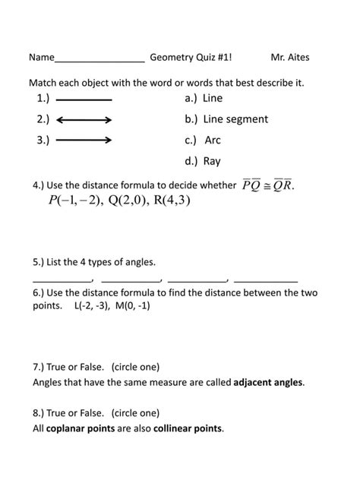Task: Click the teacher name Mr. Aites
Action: tap(290, 58)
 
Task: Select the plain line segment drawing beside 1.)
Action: tap(84, 99)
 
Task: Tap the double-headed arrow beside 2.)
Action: tap(84, 120)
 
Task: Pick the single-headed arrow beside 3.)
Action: tap(84, 141)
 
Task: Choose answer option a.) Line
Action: tap(204, 99)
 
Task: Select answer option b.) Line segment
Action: tap(226, 119)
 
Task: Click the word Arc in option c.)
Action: tap(213, 141)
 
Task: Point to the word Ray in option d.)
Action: tap(212, 161)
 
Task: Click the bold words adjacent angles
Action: tap(268, 382)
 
